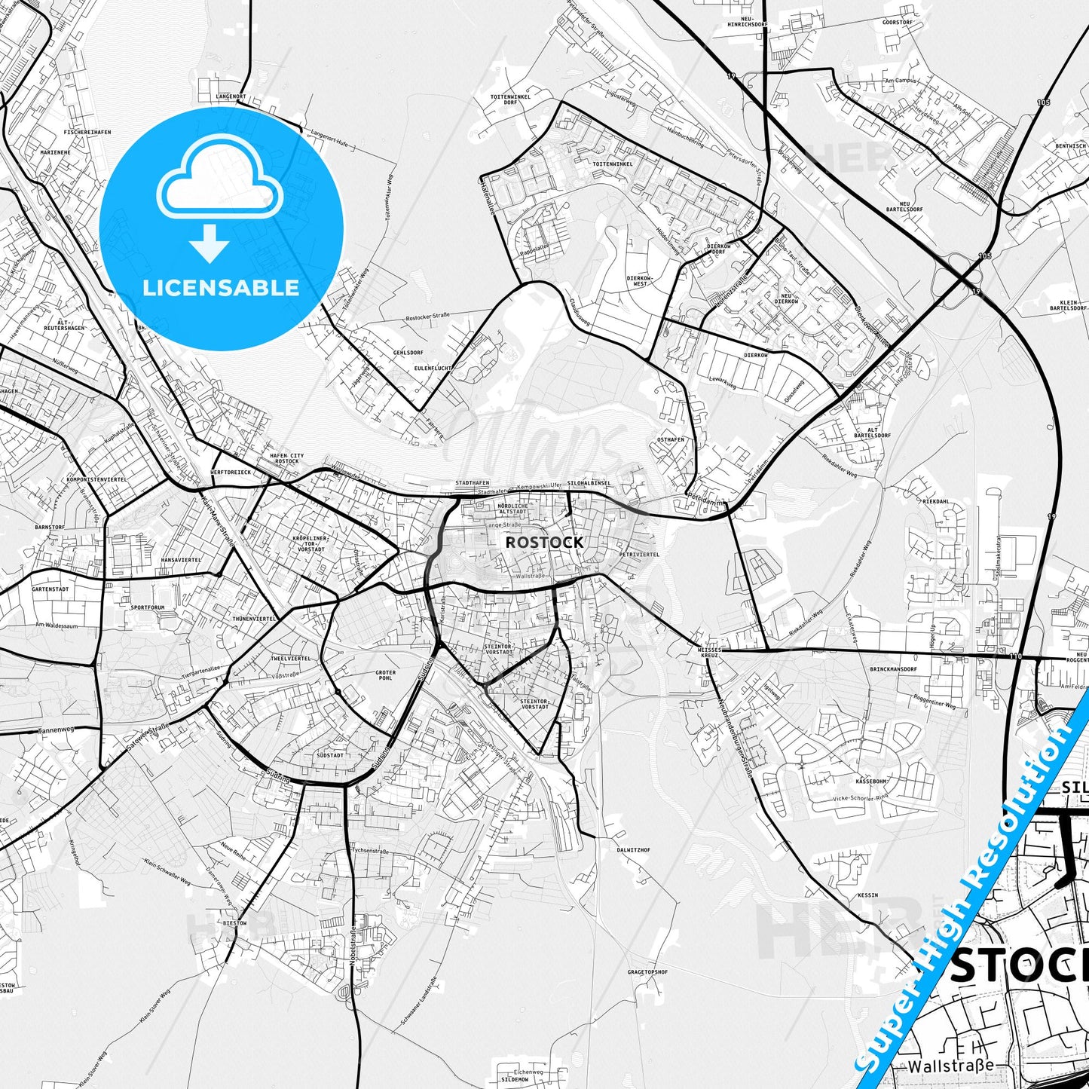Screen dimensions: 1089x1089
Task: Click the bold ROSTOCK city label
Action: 544,542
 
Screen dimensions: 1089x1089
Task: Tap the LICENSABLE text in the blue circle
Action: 221,288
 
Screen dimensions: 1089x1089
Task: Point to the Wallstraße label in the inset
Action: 950,1066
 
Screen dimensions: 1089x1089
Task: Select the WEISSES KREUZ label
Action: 709,652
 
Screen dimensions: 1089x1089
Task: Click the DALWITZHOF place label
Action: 633,849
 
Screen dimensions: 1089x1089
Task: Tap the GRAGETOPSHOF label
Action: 647,972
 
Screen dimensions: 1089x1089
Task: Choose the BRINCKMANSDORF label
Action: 893,669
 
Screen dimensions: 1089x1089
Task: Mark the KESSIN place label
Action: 867,895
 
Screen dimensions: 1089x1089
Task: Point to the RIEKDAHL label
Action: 935,501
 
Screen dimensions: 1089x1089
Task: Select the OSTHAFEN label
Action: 670,439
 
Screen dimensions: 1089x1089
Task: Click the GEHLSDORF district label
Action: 408,352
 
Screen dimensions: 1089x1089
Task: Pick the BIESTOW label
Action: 234,922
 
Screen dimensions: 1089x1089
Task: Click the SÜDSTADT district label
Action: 330,754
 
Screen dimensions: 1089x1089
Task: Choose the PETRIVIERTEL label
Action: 638,554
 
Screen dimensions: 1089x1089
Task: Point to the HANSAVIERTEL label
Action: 181,560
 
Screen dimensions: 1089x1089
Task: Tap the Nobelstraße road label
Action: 352,948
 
